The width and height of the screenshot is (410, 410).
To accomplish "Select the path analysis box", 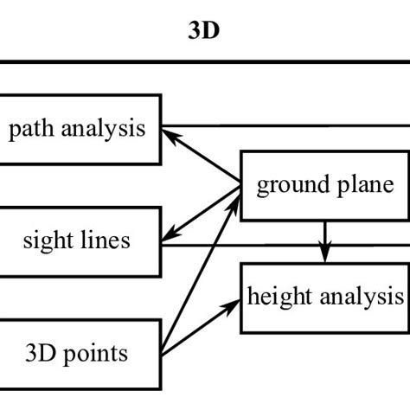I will point(78,130).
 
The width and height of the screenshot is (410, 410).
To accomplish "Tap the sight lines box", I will point(78,239).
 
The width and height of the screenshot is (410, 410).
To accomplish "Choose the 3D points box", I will point(78,352).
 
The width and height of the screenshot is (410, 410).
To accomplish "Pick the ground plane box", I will point(324,185).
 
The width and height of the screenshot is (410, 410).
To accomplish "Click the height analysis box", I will point(324,298).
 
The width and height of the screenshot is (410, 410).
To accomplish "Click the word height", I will point(277,298).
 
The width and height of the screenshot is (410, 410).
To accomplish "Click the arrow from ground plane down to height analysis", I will point(325,240).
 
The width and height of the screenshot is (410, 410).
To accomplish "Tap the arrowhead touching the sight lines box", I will point(170,232).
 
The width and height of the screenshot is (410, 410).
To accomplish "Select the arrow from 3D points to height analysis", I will point(202,327).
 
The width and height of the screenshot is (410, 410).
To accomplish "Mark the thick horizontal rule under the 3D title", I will point(204,61).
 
